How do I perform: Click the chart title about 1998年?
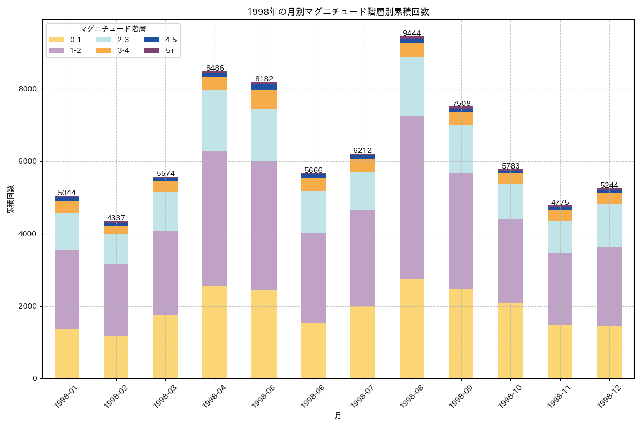click(x=338, y=12)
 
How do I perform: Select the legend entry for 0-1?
click(x=75, y=40)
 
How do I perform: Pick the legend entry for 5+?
click(x=170, y=50)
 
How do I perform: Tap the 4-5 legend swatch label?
click(x=171, y=40)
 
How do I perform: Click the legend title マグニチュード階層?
click(x=113, y=29)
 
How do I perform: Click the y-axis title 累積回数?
click(x=11, y=199)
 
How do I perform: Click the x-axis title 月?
click(x=338, y=416)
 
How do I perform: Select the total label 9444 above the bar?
click(x=412, y=33)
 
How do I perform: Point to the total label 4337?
click(x=116, y=218)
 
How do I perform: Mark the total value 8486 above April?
click(x=215, y=68)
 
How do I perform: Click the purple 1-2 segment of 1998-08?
click(x=412, y=197)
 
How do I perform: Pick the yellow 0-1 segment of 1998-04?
click(x=215, y=332)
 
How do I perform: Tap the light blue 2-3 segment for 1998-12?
click(x=609, y=225)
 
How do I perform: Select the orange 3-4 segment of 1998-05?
click(x=264, y=99)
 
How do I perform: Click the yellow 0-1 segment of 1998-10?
click(x=510, y=340)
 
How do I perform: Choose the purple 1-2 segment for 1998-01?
click(x=67, y=289)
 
